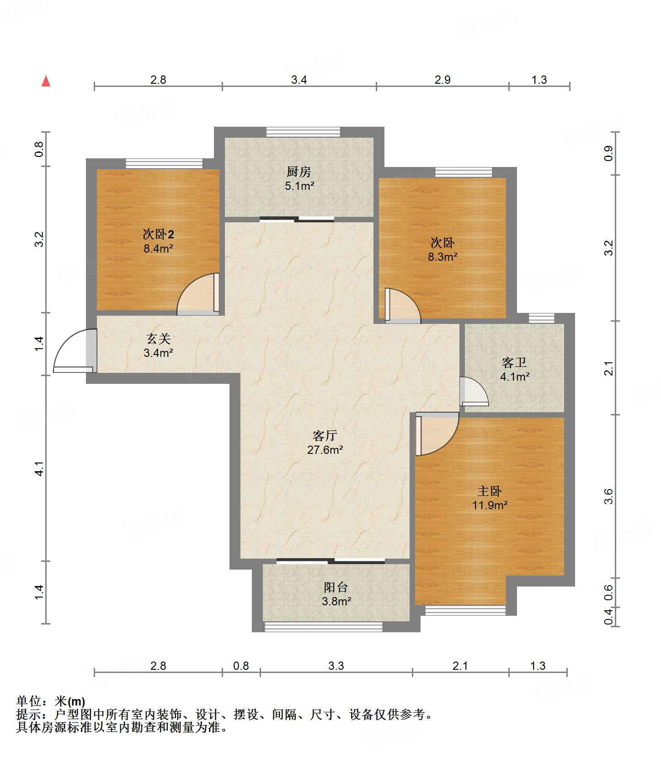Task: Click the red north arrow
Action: pyautogui.click(x=46, y=81)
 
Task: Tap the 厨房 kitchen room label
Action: pyautogui.click(x=299, y=172)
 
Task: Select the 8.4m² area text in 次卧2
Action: pyautogui.click(x=158, y=248)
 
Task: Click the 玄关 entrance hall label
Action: pyautogui.click(x=158, y=339)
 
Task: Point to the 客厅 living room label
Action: pyautogui.click(x=325, y=436)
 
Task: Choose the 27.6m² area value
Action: pyautogui.click(x=325, y=450)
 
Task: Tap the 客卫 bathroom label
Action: pyautogui.click(x=514, y=362)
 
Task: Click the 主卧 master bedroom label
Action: pyautogui.click(x=490, y=491)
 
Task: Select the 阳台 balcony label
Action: pyautogui.click(x=336, y=587)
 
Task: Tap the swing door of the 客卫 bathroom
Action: pyautogui.click(x=474, y=392)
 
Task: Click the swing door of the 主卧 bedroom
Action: pyautogui.click(x=437, y=434)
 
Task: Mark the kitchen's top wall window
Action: pyautogui.click(x=304, y=132)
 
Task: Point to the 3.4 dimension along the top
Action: pyautogui.click(x=299, y=80)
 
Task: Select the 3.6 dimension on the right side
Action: pyautogui.click(x=608, y=496)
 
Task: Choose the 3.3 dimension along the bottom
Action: pyautogui.click(x=336, y=666)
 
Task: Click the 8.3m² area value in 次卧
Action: pyautogui.click(x=442, y=257)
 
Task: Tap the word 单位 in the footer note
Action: pyautogui.click(x=28, y=701)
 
